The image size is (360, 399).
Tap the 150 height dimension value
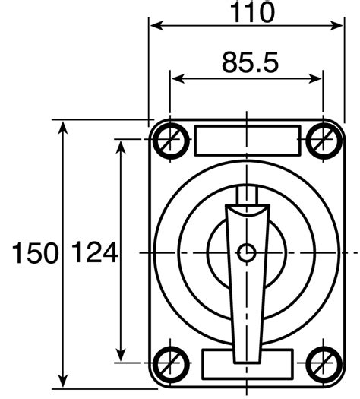click(x=35, y=253)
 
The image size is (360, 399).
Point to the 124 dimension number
click(x=95, y=253)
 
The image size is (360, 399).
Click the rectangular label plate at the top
click(x=247, y=140)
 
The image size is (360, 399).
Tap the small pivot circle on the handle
click(x=246, y=252)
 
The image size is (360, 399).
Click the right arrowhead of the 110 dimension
click(x=339, y=26)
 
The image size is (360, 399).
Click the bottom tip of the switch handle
click(x=246, y=359)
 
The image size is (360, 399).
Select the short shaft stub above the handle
click(x=248, y=195)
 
